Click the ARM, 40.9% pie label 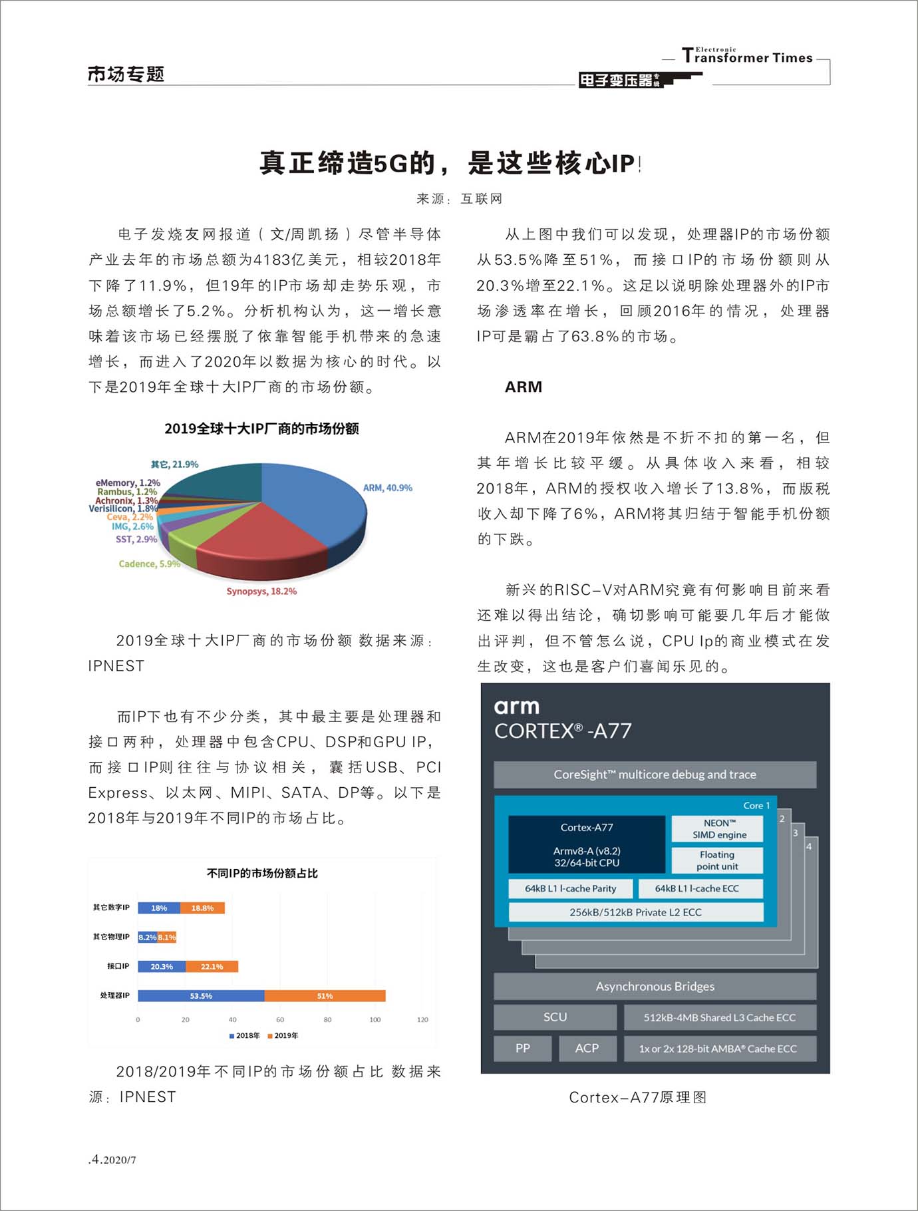[x=387, y=488]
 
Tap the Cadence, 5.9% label [x=149, y=564]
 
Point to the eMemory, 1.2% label [x=128, y=482]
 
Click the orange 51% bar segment [x=325, y=996]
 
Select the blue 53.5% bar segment [x=201, y=996]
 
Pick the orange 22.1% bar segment [x=212, y=966]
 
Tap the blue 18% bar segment [x=159, y=908]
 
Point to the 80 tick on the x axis [x=327, y=1019]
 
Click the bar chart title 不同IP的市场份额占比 [x=262, y=873]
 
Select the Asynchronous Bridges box [x=655, y=986]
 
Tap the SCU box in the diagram [x=555, y=1017]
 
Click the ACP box [x=587, y=1048]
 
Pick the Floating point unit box [x=717, y=860]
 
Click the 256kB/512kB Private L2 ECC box [x=635, y=912]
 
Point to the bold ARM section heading [x=524, y=387]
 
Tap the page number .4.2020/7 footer [x=112, y=1159]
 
